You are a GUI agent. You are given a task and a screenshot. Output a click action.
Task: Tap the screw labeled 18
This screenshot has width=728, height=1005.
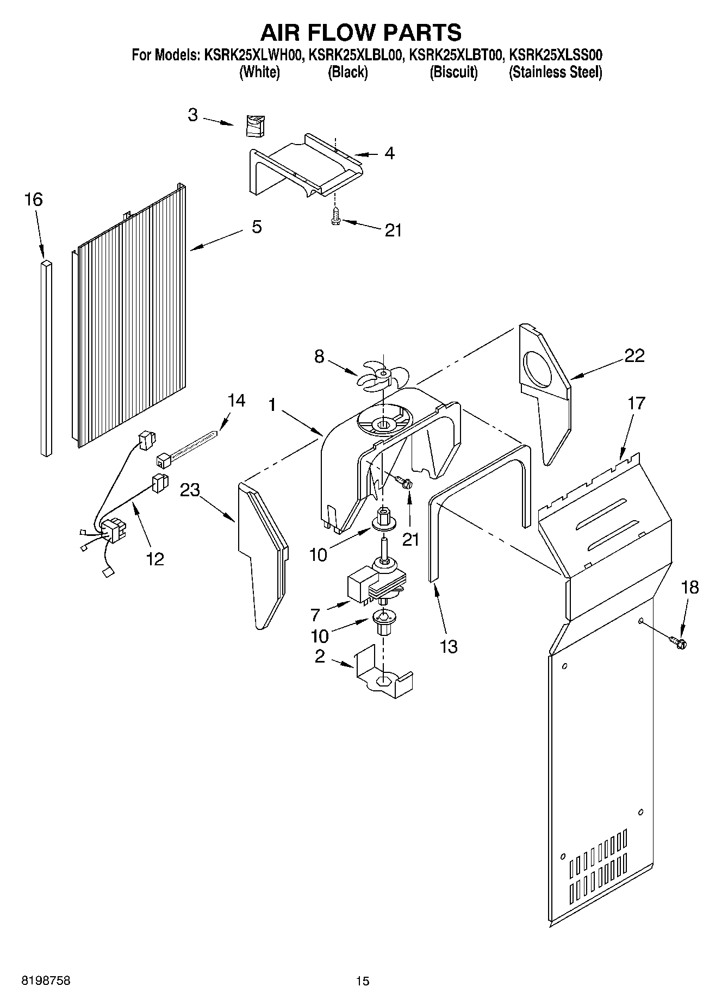click(677, 642)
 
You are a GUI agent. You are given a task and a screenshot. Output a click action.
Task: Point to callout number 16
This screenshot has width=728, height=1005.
click(33, 200)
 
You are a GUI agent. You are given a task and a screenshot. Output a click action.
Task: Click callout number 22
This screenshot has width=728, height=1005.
click(634, 355)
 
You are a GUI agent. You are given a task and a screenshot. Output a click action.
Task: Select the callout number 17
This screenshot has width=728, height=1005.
click(636, 403)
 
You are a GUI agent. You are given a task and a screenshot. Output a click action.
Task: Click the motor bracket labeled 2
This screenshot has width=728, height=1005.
click(383, 675)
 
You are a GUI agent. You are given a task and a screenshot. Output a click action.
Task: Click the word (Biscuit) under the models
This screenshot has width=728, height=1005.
click(453, 72)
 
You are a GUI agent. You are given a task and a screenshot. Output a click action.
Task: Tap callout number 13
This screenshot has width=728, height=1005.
click(449, 647)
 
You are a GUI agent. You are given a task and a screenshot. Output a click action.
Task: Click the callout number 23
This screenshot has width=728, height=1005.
click(190, 490)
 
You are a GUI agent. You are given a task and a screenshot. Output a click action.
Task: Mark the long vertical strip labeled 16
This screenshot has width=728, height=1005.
click(46, 359)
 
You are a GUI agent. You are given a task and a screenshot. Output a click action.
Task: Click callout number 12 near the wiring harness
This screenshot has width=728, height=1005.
click(155, 558)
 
